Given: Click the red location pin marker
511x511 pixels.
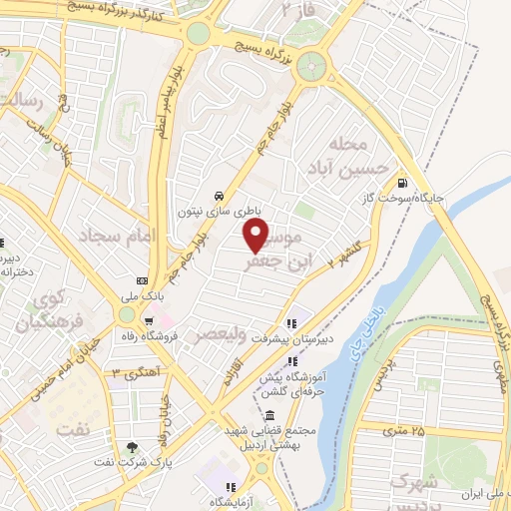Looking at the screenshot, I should tap(256, 236).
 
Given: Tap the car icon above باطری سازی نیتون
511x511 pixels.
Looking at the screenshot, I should tap(219, 195).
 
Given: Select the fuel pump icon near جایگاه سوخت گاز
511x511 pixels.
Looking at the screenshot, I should tap(402, 183).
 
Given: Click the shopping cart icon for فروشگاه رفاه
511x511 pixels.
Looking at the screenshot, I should tap(149, 320).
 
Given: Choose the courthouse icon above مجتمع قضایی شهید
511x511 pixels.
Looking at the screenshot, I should tap(269, 414).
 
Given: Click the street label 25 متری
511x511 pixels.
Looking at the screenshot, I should tap(404, 431).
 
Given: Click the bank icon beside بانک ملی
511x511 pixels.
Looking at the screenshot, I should tap(142, 280).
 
